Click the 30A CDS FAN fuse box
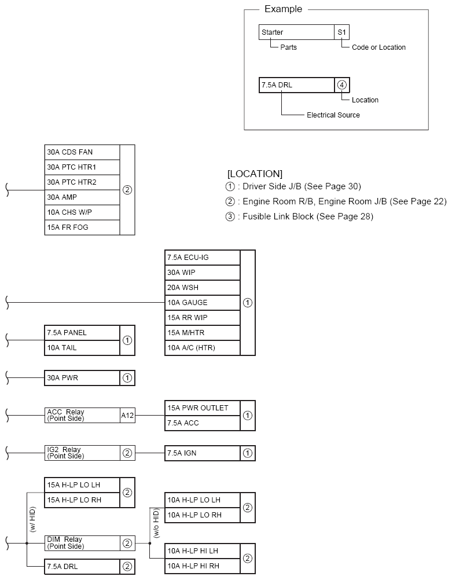[x=82, y=152]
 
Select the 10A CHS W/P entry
[x=82, y=212]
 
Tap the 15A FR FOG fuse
[x=82, y=227]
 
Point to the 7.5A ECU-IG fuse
[x=202, y=258]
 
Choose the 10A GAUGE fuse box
[x=202, y=303]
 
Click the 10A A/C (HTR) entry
[x=202, y=348]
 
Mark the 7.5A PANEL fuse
[x=82, y=333]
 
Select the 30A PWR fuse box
[x=82, y=378]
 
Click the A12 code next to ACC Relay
[x=127, y=415]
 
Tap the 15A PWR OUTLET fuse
[x=202, y=408]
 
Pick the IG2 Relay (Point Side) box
[x=82, y=453]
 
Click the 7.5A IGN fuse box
[x=202, y=453]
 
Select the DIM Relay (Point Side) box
[x=82, y=543]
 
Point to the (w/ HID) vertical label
[x=32, y=519]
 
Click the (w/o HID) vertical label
[x=155, y=523]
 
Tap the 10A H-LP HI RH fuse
[x=202, y=566]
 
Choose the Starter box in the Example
[x=296, y=32]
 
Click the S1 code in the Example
[x=342, y=32]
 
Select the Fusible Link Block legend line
[x=299, y=216]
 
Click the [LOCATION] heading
[x=255, y=174]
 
